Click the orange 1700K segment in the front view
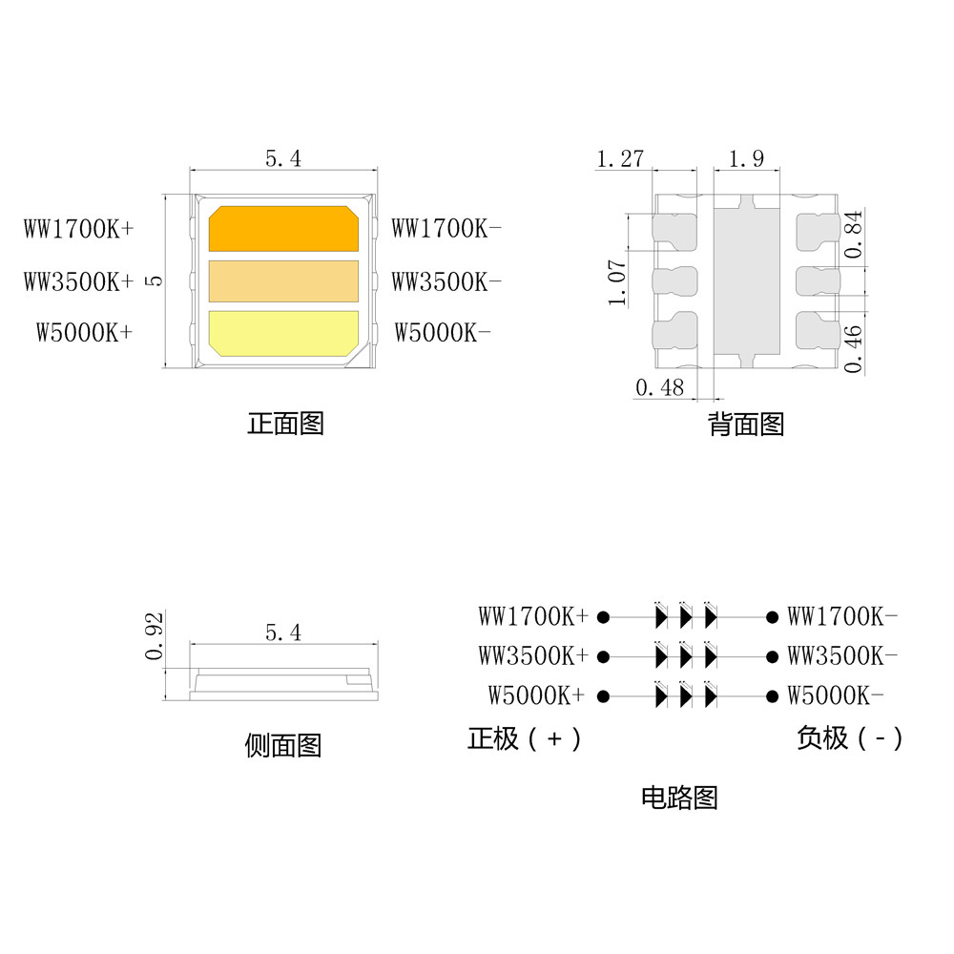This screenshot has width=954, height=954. [283, 228]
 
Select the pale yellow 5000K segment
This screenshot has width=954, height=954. [283, 333]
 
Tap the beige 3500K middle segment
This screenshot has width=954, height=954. [283, 281]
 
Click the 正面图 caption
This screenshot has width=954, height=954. [285, 424]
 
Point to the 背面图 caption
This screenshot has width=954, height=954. [746, 425]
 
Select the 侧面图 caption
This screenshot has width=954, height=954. [283, 745]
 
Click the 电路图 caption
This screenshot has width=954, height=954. [679, 798]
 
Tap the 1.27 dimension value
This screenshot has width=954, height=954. [620, 158]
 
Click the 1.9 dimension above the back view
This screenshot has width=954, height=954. [746, 158]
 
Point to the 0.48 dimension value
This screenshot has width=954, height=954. [659, 387]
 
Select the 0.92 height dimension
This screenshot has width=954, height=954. [155, 636]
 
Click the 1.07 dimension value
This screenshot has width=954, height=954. [617, 283]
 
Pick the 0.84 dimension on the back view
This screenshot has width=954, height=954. [854, 235]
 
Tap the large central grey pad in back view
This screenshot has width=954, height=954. [747, 281]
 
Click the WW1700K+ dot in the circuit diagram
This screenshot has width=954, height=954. [603, 617]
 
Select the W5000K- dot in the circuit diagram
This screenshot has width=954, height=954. [772, 696]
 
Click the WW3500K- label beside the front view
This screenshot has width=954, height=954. [446, 281]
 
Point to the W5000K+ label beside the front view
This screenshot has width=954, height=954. [84, 333]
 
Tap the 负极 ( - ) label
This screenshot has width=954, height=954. [850, 738]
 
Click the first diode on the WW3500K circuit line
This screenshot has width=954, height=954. [661, 656]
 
